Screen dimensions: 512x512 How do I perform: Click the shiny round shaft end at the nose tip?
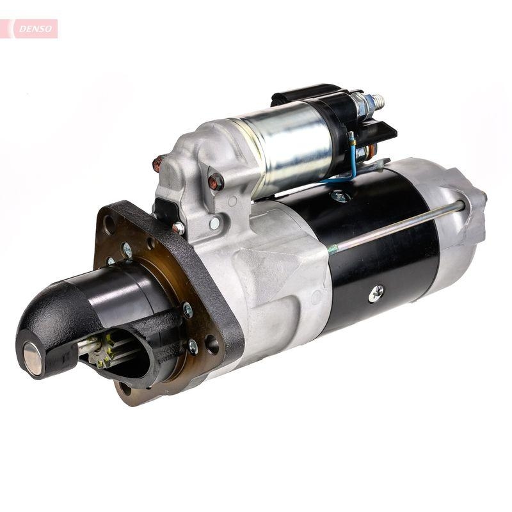click(32, 358)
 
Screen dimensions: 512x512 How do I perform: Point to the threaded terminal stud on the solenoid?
click(376, 100)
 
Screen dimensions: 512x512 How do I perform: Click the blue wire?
click(351, 166)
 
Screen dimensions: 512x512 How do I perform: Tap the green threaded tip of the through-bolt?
click(332, 250)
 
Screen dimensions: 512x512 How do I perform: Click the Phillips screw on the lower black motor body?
click(376, 293)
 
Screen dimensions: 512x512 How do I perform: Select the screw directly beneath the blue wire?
click(340, 195)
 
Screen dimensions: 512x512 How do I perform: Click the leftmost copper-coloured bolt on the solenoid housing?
click(158, 163)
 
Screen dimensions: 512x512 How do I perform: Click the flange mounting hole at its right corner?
click(212, 346)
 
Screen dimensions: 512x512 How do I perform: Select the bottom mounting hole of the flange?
click(125, 388)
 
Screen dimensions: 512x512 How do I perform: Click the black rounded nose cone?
click(54, 320)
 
